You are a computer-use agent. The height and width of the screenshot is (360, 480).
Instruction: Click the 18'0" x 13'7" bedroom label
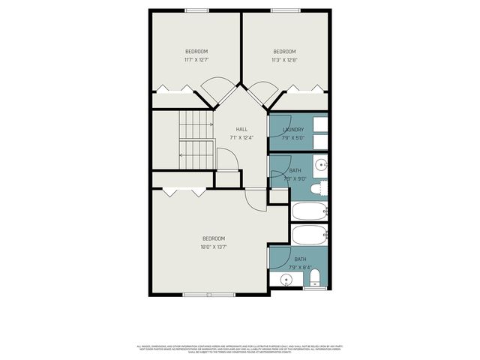[214, 238]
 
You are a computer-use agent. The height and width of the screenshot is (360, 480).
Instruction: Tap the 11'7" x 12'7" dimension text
[196, 59]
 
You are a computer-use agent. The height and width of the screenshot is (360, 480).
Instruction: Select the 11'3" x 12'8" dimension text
[284, 59]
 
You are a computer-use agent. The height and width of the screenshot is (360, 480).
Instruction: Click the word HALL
[241, 129]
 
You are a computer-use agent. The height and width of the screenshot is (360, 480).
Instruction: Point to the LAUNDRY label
[293, 130]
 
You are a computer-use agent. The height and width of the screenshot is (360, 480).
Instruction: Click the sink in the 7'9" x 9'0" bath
[322, 165]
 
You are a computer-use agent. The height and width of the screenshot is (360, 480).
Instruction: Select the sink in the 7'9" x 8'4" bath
[286, 281]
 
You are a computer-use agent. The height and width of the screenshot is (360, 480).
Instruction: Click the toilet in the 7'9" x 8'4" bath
[315, 278]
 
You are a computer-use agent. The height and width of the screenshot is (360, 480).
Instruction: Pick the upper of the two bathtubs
[309, 211]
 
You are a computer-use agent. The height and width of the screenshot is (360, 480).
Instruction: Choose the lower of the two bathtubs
[309, 234]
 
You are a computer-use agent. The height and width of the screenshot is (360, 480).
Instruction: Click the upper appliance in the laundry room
[320, 123]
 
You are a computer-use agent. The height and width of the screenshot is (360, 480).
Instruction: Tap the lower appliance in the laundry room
[320, 142]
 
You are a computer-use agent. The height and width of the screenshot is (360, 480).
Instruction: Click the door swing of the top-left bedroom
[220, 91]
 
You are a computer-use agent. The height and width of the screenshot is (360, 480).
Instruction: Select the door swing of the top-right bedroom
[262, 91]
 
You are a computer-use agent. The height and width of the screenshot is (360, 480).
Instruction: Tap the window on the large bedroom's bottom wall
[209, 295]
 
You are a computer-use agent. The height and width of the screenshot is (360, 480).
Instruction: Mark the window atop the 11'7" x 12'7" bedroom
[196, 10]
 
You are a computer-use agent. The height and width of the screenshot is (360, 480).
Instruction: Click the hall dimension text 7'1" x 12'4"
[241, 137]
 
